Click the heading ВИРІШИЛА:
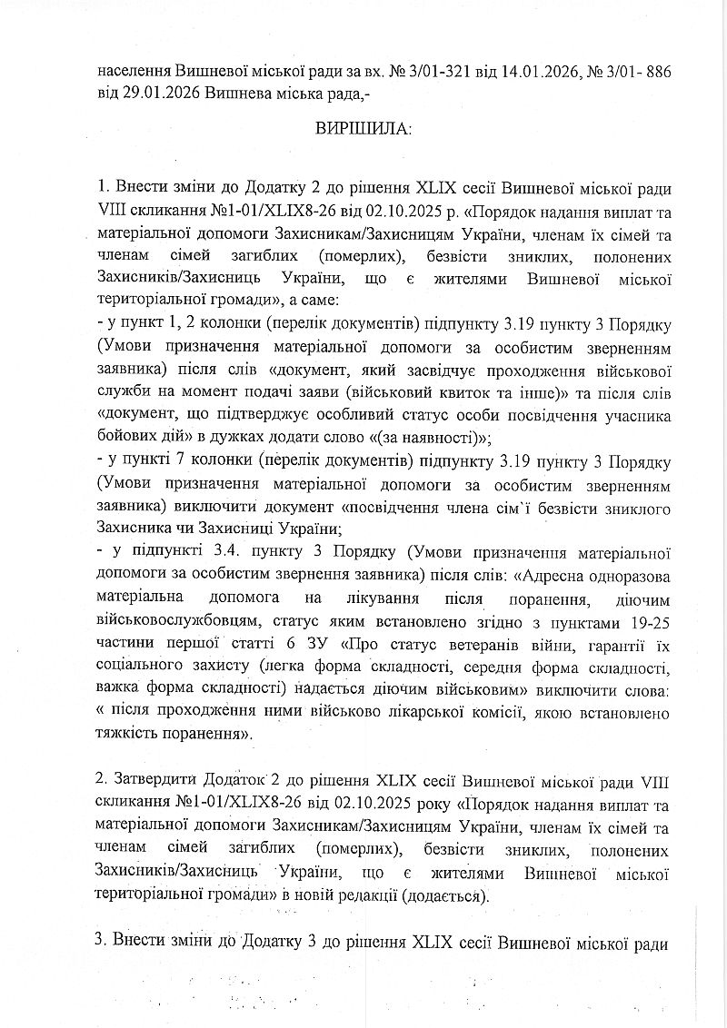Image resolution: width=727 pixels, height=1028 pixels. (363, 130)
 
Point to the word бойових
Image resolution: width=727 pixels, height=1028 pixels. (124, 436)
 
